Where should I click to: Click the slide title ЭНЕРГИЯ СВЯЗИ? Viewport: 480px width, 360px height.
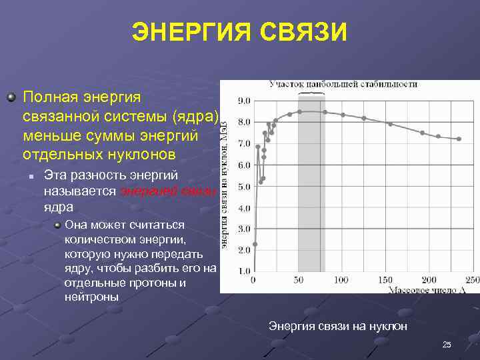point(239,32)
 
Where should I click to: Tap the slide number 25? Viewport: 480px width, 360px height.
point(447,344)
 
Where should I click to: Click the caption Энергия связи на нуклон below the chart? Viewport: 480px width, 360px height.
point(337,326)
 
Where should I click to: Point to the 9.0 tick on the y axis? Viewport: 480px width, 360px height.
point(244,101)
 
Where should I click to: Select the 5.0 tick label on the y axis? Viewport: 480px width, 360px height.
point(244,187)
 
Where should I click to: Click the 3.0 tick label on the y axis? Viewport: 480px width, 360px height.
point(244,229)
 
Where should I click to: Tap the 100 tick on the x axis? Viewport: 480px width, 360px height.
point(341,279)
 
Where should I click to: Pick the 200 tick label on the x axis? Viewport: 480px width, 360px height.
point(430,279)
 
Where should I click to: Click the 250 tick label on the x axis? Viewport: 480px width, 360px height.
point(472,279)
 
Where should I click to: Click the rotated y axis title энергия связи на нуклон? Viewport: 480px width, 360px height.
point(225,187)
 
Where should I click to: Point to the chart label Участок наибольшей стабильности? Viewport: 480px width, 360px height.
point(343,84)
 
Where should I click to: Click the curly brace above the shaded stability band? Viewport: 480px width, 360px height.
point(311,93)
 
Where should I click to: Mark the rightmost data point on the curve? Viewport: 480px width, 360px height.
point(459,139)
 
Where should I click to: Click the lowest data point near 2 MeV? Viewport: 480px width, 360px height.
point(255,244)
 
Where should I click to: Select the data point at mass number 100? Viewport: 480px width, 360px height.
point(343,115)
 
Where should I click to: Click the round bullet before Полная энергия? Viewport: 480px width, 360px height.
point(11,97)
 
